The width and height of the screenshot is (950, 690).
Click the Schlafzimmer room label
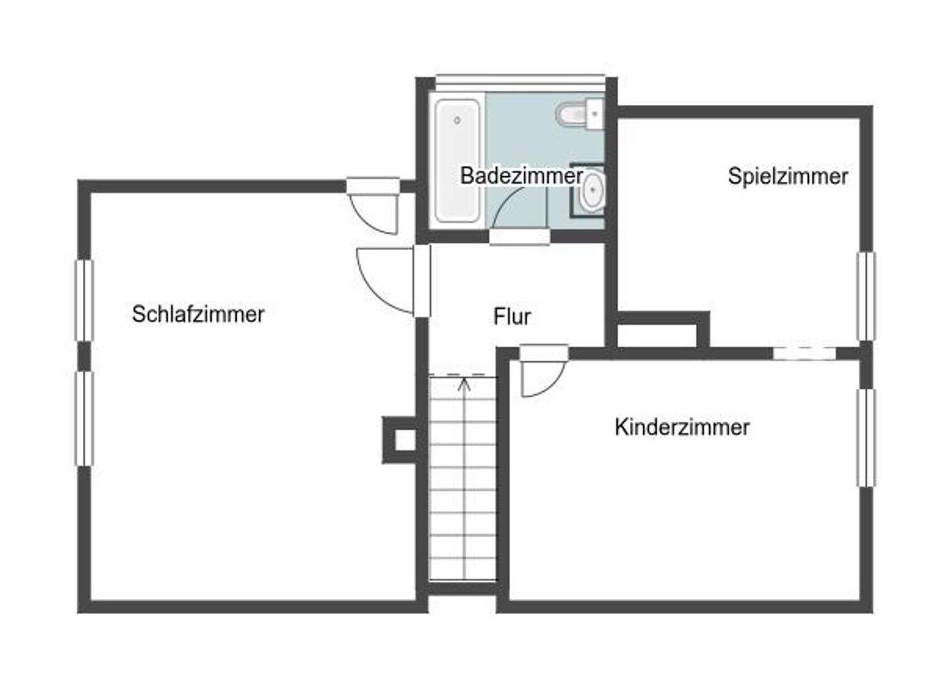pyautogui.click(x=198, y=314)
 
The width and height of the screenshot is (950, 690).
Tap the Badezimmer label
pyautogui.click(x=521, y=176)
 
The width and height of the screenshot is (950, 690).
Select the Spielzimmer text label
pyautogui.click(x=788, y=176)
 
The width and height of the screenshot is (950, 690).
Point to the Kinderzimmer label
pyautogui.click(x=681, y=427)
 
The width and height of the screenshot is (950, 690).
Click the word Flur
pyautogui.click(x=512, y=317)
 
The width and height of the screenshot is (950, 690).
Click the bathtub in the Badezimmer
pyautogui.click(x=457, y=160)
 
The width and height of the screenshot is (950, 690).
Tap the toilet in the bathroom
pyautogui.click(x=574, y=114)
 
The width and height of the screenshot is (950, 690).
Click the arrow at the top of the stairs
pyautogui.click(x=464, y=383)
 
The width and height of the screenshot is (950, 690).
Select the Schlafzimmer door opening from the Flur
pyautogui.click(x=386, y=281)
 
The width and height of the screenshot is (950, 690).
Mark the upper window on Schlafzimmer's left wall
pyautogui.click(x=84, y=300)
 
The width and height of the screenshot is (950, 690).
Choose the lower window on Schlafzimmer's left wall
pyautogui.click(x=84, y=419)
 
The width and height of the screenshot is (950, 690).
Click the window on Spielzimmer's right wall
pyautogui.click(x=866, y=296)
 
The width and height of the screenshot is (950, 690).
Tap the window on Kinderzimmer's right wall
pyautogui.click(x=866, y=438)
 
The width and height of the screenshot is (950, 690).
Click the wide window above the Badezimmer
pyautogui.click(x=520, y=79)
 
